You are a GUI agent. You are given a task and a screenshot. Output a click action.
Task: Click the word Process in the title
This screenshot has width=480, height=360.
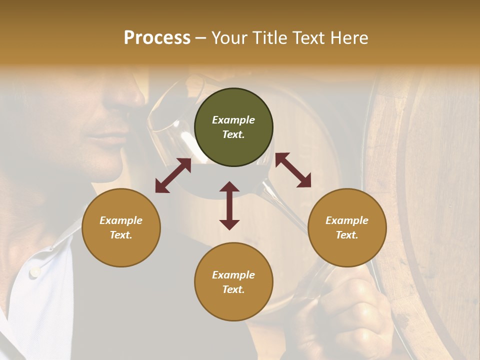[157, 38]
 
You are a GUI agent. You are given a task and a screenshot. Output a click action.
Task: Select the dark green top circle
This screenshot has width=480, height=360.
[233, 127]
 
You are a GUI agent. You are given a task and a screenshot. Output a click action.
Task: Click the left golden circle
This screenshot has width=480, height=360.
[121, 227]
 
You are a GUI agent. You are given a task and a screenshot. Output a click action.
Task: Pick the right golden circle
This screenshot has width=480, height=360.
[347, 227]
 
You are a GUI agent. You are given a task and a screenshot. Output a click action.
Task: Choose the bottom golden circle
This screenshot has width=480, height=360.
[233, 281]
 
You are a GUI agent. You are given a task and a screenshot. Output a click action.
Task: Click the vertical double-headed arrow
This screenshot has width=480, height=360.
[229, 205]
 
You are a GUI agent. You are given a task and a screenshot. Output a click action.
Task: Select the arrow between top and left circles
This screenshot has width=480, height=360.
[173, 175]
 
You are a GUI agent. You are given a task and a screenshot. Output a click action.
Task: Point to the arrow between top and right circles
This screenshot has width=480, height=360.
[293, 170]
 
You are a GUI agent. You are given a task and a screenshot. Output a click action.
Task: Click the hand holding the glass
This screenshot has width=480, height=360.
[350, 310]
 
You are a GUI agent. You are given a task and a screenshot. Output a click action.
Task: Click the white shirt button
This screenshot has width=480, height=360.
[34, 272]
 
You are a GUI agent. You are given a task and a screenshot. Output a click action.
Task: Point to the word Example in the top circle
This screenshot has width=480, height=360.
[233, 120]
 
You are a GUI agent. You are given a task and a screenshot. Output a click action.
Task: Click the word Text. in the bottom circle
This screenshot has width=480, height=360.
[233, 289]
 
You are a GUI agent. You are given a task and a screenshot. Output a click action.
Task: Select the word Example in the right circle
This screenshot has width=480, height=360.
[347, 220]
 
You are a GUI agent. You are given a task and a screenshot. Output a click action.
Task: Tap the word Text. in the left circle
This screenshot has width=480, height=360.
[121, 235]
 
